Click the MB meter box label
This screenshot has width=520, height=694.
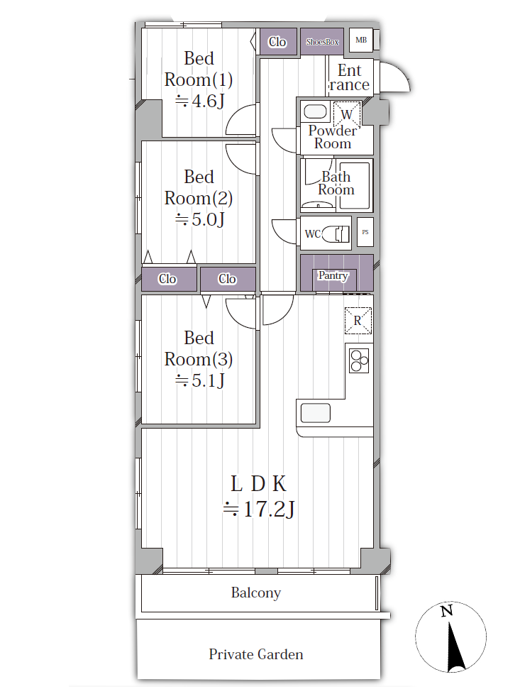coord(361,40)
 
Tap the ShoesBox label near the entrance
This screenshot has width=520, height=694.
coord(322,42)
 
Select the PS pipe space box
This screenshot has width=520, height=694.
coord(365,232)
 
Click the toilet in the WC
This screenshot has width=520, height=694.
coord(336,233)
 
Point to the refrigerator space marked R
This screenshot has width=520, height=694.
coord(358,321)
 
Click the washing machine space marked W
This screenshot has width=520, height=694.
coord(347,114)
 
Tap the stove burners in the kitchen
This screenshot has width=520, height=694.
coord(359,360)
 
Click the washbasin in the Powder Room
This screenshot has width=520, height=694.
coord(315,111)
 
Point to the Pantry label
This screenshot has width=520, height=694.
coord(333,275)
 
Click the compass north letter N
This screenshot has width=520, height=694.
coord(446,611)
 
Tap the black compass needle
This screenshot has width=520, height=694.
coord(455,646)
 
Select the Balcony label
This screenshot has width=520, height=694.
coord(256,593)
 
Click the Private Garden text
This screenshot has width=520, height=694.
coord(256,654)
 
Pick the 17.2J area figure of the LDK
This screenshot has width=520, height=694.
coord(259,510)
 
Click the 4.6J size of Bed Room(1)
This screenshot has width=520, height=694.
coord(200,101)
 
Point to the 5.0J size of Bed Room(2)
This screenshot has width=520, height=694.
coord(200,219)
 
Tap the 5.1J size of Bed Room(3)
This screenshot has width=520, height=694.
coord(200,380)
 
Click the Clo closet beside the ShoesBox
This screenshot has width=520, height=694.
coord(277,42)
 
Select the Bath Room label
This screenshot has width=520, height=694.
coord(336,183)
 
